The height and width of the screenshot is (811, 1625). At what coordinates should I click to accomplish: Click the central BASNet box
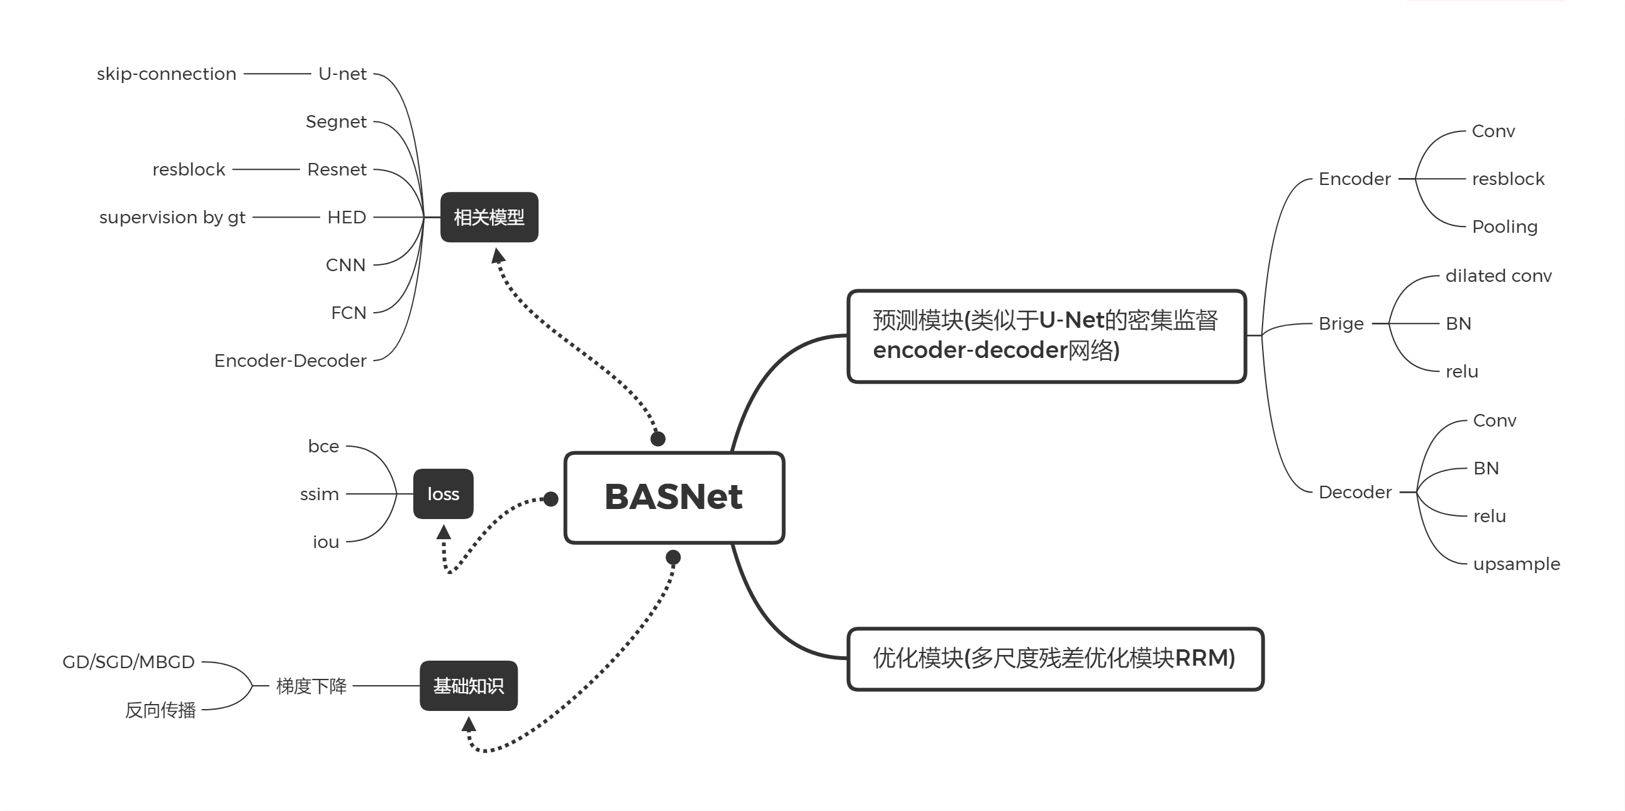point(674,497)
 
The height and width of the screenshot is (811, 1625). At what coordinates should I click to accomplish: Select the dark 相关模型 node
point(489,217)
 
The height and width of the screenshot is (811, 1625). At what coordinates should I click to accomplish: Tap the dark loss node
point(443,494)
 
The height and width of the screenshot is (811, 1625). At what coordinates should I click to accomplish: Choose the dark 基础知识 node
point(468,686)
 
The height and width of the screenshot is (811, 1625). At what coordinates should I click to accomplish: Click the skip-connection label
point(167,74)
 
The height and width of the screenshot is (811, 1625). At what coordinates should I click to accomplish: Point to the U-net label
point(342,74)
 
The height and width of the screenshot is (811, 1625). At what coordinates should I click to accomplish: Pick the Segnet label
point(335,121)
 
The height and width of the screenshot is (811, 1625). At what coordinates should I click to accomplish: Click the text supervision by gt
point(172,217)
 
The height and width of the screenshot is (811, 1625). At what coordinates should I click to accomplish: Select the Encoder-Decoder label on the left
point(290,361)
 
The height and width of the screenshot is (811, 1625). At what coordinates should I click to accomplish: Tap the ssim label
point(319,494)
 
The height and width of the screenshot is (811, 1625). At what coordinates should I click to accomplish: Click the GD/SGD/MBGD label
point(129,662)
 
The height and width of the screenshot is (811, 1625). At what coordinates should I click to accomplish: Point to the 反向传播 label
point(160,710)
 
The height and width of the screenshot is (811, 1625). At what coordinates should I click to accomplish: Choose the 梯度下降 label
point(311,686)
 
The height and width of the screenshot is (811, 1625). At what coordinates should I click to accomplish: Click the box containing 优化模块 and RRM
point(1055,658)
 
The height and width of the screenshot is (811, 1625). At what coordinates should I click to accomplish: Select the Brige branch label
point(1341,323)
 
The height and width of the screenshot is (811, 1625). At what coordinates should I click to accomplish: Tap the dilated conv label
point(1498,276)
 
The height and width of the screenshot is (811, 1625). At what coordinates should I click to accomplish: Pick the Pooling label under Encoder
point(1504,227)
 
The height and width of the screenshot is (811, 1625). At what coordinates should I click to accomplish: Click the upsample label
point(1517,564)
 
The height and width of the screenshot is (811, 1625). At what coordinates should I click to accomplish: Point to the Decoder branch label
point(1355,492)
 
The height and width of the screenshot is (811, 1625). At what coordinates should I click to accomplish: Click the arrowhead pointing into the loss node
point(444,532)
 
